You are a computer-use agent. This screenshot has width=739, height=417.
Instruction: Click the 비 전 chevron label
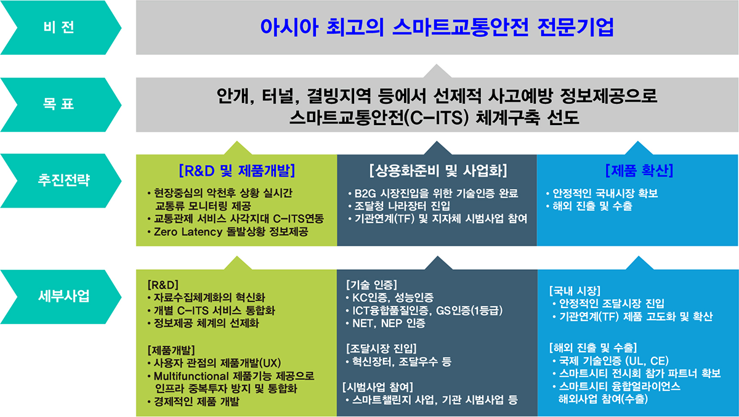pos(59,27)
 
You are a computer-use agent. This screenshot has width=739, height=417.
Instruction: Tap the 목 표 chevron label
pos(59,104)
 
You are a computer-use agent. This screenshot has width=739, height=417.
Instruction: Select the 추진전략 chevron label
pos(63,180)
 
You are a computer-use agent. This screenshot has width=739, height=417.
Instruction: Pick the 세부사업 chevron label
pos(63,296)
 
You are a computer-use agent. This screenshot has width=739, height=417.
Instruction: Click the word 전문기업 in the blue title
pos(575,27)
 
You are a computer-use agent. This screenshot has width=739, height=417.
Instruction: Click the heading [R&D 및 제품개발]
pos(237,171)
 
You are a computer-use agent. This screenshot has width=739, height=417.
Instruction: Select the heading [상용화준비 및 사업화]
pos(438,171)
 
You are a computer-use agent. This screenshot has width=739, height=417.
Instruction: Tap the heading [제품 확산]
pos(639,171)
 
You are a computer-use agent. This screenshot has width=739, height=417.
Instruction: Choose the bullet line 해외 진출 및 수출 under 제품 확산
pos(592,206)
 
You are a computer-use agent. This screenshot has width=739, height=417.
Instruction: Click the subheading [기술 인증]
pos(371,285)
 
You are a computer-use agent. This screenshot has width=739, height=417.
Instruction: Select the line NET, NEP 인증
pos(389,323)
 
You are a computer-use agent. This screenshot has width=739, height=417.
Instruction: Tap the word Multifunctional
pos(191,376)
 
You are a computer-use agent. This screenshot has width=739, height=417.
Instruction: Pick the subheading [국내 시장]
pos(575,291)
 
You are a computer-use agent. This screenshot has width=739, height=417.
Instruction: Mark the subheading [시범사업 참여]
pos(378,387)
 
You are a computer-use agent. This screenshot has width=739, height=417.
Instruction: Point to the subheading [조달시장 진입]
pos(381,349)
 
